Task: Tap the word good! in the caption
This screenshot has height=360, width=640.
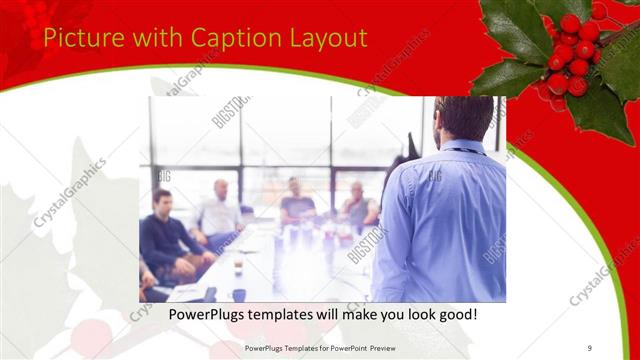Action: [x=455, y=315]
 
